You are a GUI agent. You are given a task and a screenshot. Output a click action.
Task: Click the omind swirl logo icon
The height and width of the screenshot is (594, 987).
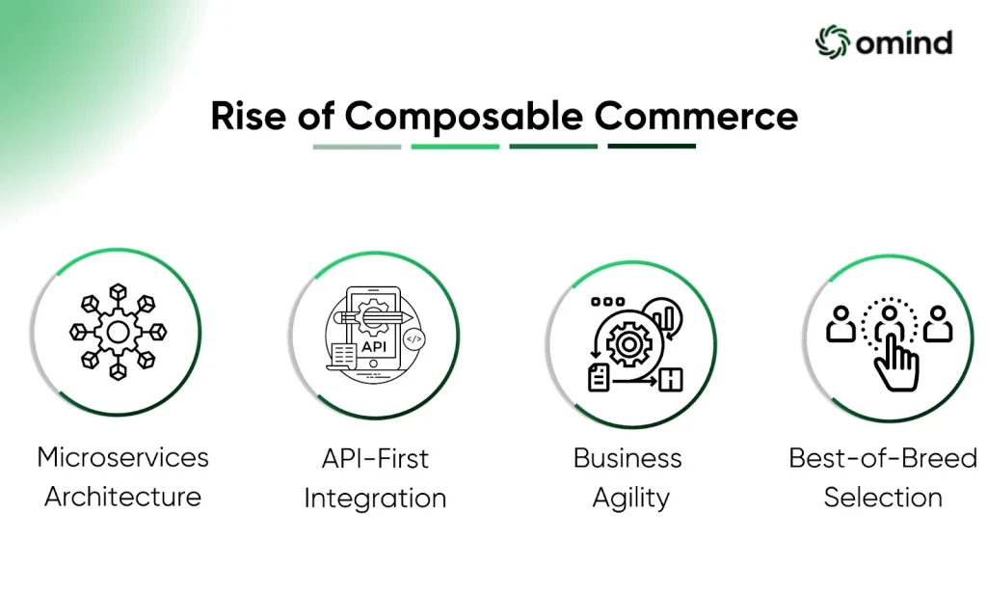832,42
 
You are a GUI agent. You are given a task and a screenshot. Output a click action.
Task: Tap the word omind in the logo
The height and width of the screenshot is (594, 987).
904,42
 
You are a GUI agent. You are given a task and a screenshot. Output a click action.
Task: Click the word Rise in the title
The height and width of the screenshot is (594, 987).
248,116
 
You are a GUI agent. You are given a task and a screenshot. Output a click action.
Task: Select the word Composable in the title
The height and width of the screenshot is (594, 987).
464,118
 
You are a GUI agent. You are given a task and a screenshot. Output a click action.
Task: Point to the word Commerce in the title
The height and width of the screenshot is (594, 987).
696,116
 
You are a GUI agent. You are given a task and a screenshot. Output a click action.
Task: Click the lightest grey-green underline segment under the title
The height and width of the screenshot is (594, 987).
357,147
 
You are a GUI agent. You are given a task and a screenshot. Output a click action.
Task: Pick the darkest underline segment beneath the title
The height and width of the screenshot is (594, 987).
652,147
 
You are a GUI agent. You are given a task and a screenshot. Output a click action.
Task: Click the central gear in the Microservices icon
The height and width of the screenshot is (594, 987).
119,332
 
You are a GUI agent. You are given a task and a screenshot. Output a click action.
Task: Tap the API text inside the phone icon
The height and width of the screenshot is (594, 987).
374,346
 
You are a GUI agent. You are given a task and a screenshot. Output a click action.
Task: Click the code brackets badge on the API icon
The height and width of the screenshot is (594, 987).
413,339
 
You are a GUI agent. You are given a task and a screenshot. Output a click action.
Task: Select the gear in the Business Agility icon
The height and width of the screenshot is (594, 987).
627,344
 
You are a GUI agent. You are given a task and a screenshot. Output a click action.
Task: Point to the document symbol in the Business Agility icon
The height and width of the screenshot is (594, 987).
599,377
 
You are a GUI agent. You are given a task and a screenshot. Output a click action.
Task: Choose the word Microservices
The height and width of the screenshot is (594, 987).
122,457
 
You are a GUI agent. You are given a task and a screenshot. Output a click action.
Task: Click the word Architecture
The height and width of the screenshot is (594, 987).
122,497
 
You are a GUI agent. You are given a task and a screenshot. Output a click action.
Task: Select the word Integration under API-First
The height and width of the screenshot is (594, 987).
375,499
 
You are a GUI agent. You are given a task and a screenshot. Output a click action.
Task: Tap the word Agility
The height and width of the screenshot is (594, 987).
631,499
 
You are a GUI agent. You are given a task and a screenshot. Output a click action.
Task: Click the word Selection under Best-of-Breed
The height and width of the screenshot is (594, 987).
883,498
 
